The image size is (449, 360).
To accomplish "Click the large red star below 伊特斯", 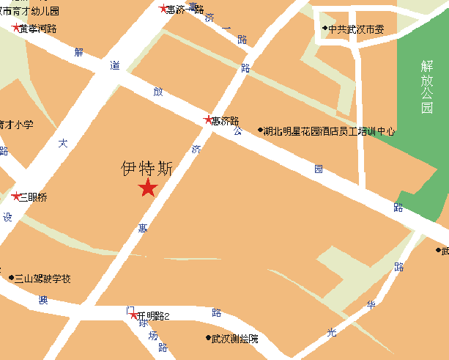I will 148,188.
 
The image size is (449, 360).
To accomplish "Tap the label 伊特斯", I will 147,169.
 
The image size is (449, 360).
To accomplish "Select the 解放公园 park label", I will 426,87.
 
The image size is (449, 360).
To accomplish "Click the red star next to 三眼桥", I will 16,196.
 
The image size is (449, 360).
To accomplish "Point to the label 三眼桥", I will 33,197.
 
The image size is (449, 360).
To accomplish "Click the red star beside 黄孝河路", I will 16,28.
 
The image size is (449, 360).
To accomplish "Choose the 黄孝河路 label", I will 38,29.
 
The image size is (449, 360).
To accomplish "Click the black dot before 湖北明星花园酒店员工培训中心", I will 260,131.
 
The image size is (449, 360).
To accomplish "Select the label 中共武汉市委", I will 361,29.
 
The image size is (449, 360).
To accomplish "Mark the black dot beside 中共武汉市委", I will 324,29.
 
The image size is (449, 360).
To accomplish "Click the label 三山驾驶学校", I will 43,279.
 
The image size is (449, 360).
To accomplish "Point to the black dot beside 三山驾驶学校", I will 11,279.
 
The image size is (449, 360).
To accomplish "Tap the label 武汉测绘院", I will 234,339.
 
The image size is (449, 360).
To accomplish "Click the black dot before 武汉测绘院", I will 207,339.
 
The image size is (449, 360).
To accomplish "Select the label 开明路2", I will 154,316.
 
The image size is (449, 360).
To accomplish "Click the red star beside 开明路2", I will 133,315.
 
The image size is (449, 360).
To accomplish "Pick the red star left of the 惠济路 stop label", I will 207,120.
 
